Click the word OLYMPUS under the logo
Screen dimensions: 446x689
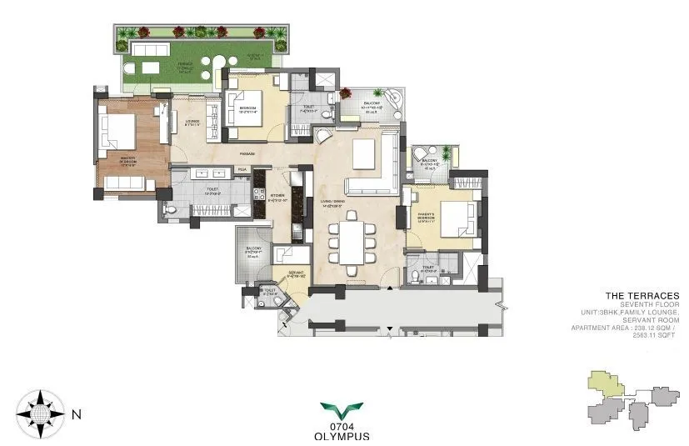click(342, 435)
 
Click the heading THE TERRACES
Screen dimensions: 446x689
click(642, 295)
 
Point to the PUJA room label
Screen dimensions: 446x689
click(242, 170)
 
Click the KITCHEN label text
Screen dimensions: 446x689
click(277, 198)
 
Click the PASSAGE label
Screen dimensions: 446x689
click(247, 154)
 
